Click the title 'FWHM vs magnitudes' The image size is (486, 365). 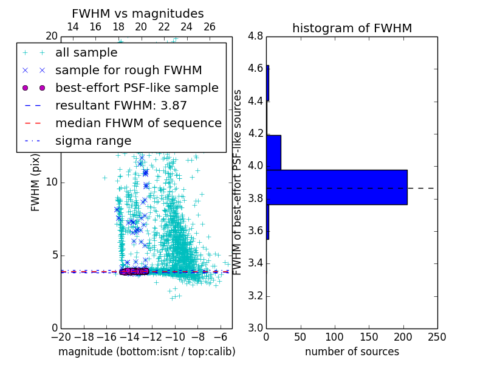tap(137, 13)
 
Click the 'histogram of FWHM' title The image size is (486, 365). tap(352, 28)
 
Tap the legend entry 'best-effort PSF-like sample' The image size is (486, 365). tap(137, 88)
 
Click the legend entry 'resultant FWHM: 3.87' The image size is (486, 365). tap(121, 106)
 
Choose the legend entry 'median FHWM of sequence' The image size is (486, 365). tap(138, 123)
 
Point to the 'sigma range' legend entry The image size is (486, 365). tap(93, 141)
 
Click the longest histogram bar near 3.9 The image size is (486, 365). tap(337, 187)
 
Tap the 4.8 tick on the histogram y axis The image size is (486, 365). tap(255, 36)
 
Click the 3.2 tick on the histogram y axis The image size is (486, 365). tap(255, 296)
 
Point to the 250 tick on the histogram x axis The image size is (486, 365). tap(437, 336)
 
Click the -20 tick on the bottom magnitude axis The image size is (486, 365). tap(61, 336)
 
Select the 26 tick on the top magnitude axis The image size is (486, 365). tap(210, 27)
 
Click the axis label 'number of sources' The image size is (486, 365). tap(352, 352)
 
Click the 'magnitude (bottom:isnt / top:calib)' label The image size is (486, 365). tap(146, 352)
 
